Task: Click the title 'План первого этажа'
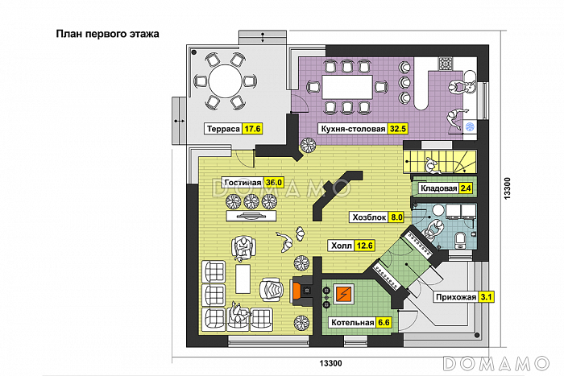[x=107, y=35]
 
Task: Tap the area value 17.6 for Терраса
[x=253, y=128]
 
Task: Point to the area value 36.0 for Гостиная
[x=274, y=183]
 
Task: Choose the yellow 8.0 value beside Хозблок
[x=396, y=217]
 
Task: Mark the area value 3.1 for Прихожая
[x=486, y=297]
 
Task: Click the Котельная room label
[x=351, y=323]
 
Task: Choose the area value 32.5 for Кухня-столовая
[x=397, y=128]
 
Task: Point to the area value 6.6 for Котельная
[x=384, y=323]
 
